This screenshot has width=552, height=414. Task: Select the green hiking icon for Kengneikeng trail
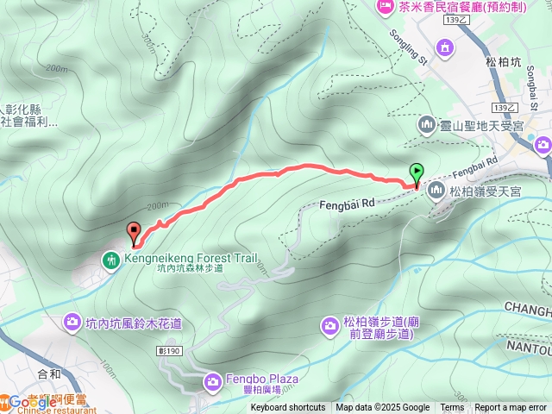tap(111, 259)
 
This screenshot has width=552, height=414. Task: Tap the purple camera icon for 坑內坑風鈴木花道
tap(73, 323)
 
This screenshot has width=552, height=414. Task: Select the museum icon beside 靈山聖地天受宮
tap(428, 127)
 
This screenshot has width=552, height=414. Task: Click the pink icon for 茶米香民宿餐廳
tap(386, 7)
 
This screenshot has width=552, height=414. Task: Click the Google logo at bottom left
tap(26, 401)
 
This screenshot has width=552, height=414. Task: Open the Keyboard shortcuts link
tap(289, 408)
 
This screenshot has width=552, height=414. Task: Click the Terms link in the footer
tap(452, 408)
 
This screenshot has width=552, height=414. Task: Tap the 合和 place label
tap(49, 374)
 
